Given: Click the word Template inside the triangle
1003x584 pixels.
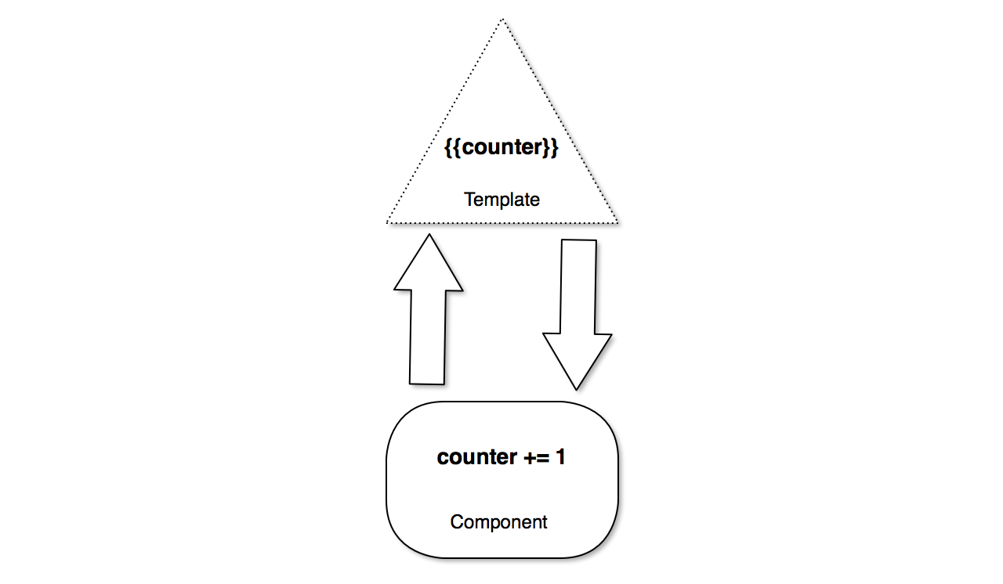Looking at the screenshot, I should point(501,200).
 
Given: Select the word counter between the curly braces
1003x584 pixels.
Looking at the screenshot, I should point(501,148).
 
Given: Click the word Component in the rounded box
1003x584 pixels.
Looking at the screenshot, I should point(498,521).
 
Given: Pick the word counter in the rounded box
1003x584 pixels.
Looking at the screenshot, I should point(476,457).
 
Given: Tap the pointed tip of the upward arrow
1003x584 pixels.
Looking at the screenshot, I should point(428,234).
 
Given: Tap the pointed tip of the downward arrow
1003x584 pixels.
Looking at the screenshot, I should point(577,388).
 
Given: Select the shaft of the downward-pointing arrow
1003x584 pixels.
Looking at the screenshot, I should point(578,286).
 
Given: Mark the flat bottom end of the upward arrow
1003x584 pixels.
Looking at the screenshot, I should point(427,383).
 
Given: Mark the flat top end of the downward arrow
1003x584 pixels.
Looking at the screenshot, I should point(579,240).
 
